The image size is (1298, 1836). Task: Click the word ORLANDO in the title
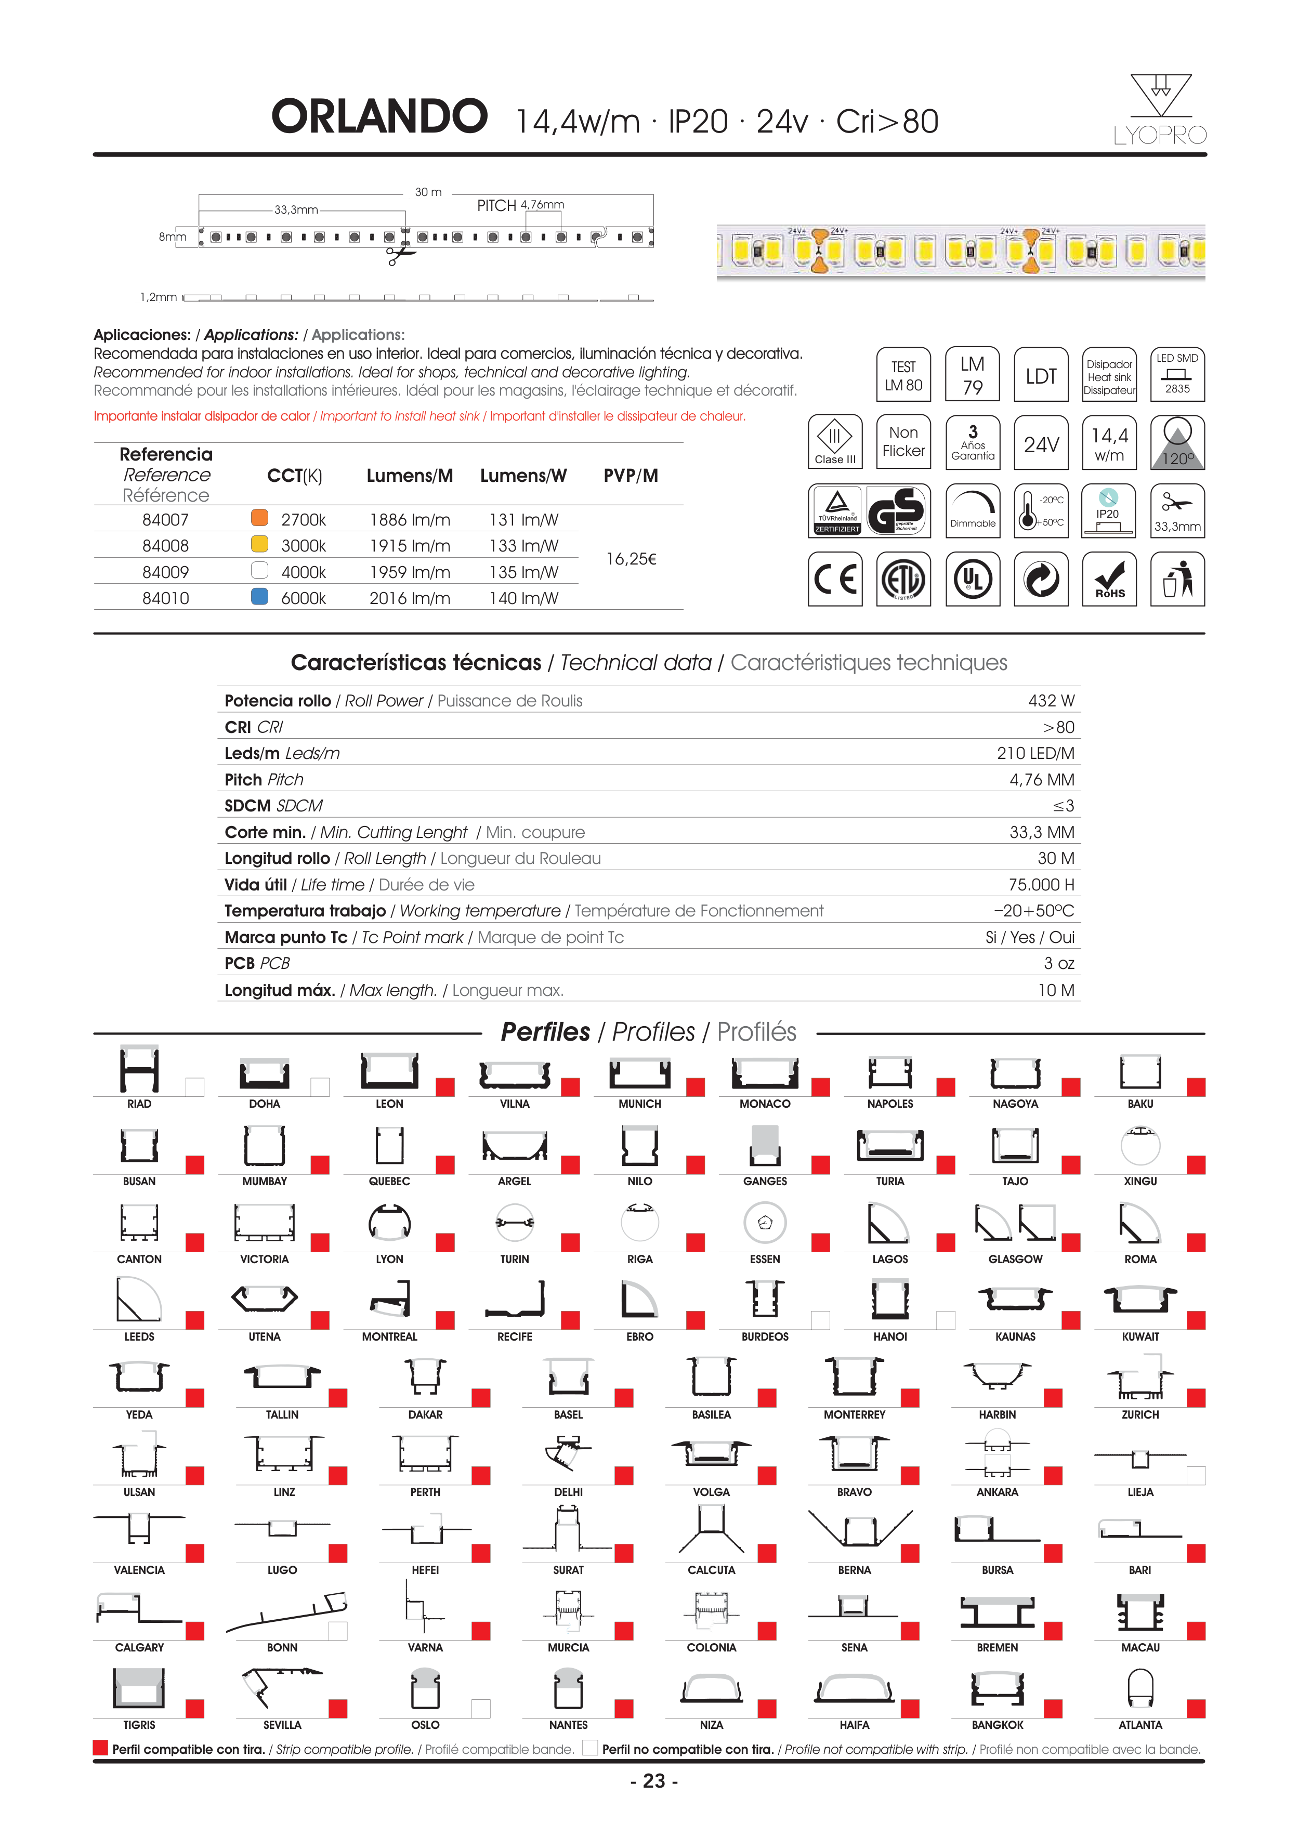tap(379, 117)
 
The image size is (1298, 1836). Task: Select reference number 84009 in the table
tap(165, 572)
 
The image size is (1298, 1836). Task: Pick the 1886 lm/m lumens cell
tap(410, 520)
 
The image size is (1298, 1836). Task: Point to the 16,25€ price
tap(631, 559)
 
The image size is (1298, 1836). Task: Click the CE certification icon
tap(835, 580)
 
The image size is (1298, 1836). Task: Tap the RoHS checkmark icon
tap(1109, 580)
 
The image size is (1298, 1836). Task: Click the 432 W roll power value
tap(1051, 701)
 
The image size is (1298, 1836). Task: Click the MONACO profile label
tap(765, 1104)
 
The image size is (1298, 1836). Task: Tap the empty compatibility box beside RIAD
tap(194, 1087)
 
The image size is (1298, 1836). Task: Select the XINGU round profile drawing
tap(1139, 1146)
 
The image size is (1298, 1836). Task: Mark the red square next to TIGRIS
tap(194, 1708)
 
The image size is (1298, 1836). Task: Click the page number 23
tap(654, 1781)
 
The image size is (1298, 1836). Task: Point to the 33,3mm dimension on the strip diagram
tap(296, 209)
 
